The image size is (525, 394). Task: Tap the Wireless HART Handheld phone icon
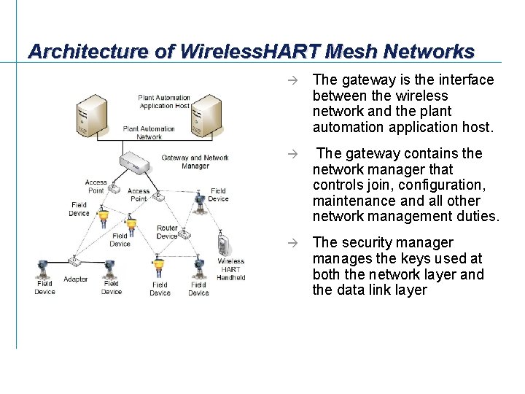(224, 243)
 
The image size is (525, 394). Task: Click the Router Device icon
(184, 235)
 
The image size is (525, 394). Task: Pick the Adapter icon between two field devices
(74, 260)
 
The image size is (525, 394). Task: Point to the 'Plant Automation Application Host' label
(164, 101)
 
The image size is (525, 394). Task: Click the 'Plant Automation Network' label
(149, 133)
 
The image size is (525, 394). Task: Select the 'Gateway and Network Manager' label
(195, 161)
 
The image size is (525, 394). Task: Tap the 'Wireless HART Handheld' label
(231, 269)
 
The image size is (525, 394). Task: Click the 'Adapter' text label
(75, 279)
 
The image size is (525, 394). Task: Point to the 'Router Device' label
(167, 232)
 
